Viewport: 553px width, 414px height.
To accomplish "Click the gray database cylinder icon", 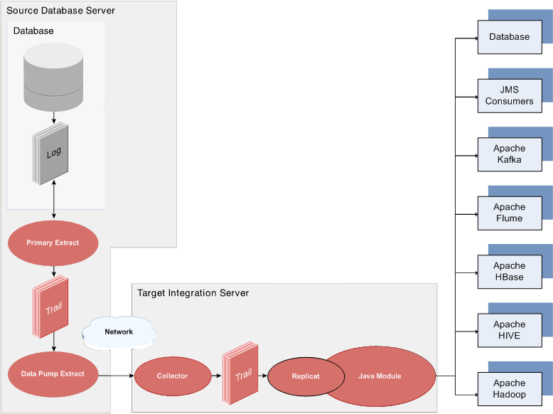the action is coord(53,77).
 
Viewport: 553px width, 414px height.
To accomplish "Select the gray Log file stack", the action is coord(50,154).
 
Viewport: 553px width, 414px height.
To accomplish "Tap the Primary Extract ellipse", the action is coord(53,243).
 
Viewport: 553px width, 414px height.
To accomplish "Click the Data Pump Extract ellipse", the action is coord(53,374).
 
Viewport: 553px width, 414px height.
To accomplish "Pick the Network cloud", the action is coord(119,332).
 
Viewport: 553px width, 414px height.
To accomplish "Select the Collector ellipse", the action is coord(173,376).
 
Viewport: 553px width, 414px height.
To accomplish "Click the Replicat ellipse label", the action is coord(306,376).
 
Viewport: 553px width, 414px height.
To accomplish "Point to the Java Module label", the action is coord(380,376).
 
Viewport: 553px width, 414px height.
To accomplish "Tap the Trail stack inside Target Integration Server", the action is coord(240,373).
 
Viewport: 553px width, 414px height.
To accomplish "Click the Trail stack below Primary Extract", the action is coord(50,307).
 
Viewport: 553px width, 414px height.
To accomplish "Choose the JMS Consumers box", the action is coord(510,95).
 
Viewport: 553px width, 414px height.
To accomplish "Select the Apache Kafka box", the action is coord(510,154).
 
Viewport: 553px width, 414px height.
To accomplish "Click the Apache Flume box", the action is coord(510,213).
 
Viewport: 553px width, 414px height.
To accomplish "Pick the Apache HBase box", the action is coord(510,272).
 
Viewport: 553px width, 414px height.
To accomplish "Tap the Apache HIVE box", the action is coord(510,330).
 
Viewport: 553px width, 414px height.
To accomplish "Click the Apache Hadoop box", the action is coord(510,389).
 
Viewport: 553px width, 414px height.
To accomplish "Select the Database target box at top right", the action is coord(510,37).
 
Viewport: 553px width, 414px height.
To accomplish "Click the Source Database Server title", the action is coord(60,11).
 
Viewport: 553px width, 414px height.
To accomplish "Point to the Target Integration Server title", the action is coord(193,293).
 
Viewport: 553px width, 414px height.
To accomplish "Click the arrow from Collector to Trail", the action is coord(217,376).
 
